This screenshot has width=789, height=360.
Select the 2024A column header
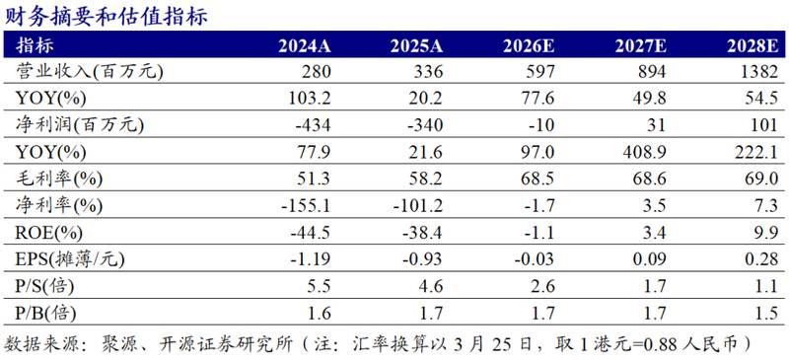pos(305,45)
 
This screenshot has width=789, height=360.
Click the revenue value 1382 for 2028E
pos(760,71)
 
